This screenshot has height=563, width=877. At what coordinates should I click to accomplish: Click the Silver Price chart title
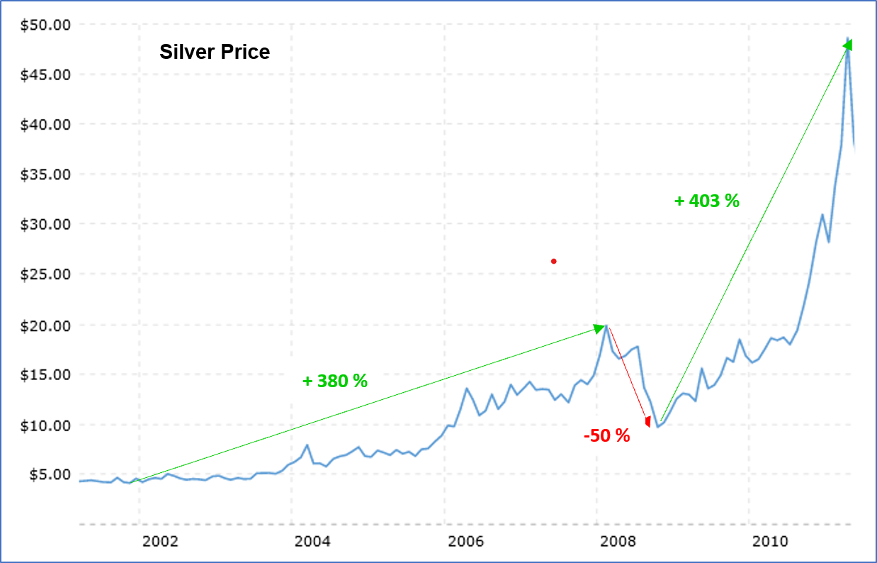[x=214, y=52]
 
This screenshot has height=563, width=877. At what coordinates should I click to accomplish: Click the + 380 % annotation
[x=335, y=381]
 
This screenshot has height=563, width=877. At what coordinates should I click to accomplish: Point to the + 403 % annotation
[x=706, y=201]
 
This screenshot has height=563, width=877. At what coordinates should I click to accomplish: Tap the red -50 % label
[x=606, y=436]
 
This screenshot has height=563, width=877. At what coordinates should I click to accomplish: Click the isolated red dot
[x=554, y=262]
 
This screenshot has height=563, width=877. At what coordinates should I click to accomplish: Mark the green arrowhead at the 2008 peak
[x=600, y=328]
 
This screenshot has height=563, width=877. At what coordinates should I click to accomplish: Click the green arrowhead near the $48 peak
[x=847, y=45]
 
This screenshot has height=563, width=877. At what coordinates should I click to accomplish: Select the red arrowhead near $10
[x=647, y=422]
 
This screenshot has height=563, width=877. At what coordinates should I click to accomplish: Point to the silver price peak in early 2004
[x=307, y=445]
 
